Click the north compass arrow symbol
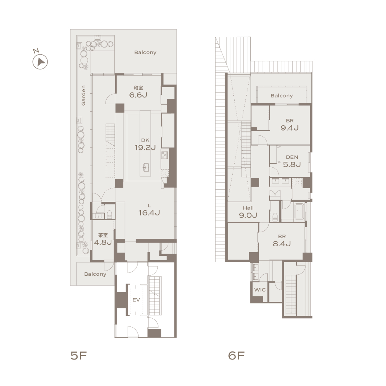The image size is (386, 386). point(40,61)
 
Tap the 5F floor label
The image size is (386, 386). point(79,355)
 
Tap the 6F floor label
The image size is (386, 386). point(236,355)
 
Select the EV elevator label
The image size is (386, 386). point(136,300)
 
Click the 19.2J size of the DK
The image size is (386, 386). point(145,148)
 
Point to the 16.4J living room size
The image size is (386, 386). point(149,213)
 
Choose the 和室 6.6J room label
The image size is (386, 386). point(138,92)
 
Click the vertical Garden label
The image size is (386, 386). point(83,96)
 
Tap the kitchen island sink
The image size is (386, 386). point(146,167)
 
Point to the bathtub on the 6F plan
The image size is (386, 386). point(299,211)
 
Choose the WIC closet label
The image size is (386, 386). point(260,290)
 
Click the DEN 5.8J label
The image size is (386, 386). point(292,161)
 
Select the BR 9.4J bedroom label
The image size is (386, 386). point(290,125)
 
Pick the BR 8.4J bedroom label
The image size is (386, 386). point(282,240)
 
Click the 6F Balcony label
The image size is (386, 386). point(282,96)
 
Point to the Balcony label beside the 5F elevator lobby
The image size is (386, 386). point(95,274)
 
